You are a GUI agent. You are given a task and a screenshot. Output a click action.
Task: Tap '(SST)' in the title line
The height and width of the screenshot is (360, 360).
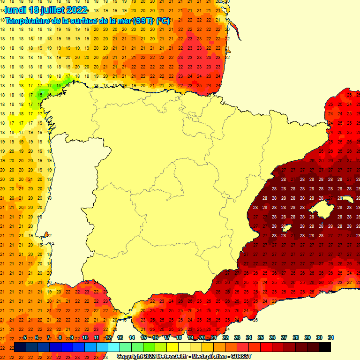[x=143, y=21]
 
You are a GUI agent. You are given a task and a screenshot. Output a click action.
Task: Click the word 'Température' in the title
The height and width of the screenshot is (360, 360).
[x=28, y=21]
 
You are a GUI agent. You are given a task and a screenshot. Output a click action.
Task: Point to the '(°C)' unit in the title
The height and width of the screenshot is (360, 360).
[x=163, y=21]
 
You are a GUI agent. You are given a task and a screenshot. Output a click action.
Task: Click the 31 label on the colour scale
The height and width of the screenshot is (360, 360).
[x=330, y=337]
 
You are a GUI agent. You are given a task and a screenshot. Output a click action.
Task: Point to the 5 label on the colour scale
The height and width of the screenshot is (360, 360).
[x=24, y=337]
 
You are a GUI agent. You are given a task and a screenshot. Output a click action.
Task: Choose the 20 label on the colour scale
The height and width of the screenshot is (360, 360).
[x=202, y=337]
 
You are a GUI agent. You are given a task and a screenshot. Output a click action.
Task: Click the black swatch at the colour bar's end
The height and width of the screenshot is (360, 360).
[x=324, y=347]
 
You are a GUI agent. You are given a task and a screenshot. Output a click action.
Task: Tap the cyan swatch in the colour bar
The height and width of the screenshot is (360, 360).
[x=114, y=347]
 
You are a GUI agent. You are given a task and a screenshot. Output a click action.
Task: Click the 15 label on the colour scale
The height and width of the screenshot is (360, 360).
[x=143, y=337]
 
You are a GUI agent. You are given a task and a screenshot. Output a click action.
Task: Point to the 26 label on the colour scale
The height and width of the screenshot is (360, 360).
[x=272, y=337]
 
